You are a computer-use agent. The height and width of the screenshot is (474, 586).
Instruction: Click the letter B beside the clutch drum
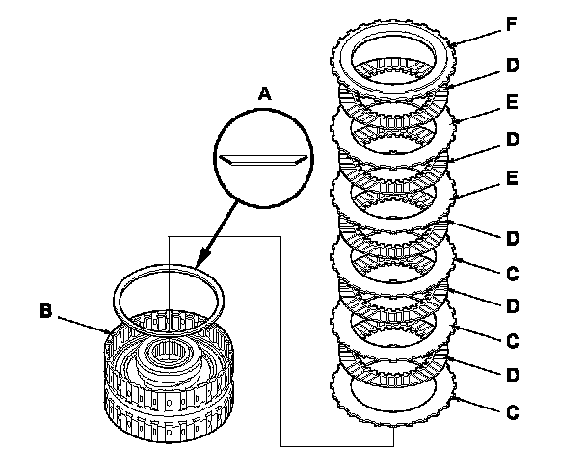click(45, 311)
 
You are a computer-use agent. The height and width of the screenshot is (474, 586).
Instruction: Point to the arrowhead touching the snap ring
click(200, 261)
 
